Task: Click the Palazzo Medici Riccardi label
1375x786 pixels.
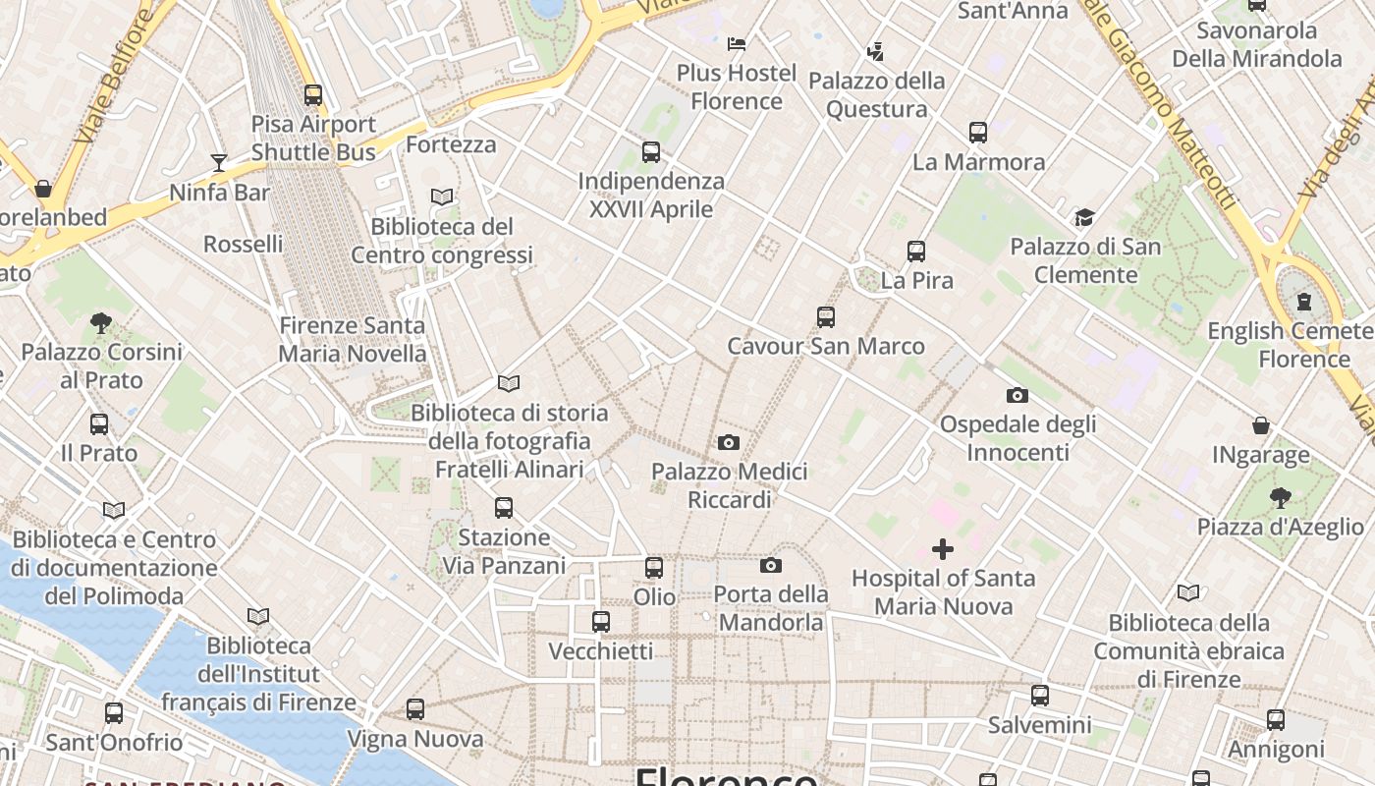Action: click(x=730, y=485)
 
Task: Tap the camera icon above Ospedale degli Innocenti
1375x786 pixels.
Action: click(x=1017, y=395)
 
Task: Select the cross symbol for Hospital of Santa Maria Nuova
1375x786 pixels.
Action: click(x=943, y=548)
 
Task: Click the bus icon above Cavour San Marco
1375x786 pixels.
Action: click(x=826, y=316)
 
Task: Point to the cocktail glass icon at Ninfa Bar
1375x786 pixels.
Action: click(x=219, y=162)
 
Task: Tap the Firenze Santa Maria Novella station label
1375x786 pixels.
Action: click(x=353, y=339)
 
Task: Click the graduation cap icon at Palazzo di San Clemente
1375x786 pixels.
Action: click(x=1084, y=217)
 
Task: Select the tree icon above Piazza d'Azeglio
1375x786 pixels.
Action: click(x=1280, y=497)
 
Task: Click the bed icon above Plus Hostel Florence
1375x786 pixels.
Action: click(x=737, y=43)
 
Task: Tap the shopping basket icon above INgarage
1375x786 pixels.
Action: click(x=1261, y=425)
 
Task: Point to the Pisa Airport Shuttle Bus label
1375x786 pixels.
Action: click(x=313, y=138)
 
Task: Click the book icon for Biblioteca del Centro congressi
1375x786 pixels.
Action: click(x=442, y=197)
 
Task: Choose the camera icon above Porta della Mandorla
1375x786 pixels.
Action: click(x=771, y=565)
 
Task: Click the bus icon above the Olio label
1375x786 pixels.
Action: click(x=654, y=567)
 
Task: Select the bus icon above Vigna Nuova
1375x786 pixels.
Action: click(x=415, y=708)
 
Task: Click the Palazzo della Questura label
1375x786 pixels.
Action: click(x=877, y=94)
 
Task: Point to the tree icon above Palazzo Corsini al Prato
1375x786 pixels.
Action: click(x=101, y=322)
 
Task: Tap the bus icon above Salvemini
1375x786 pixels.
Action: click(x=1040, y=696)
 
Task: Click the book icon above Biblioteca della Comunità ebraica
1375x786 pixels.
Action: click(x=1188, y=592)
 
